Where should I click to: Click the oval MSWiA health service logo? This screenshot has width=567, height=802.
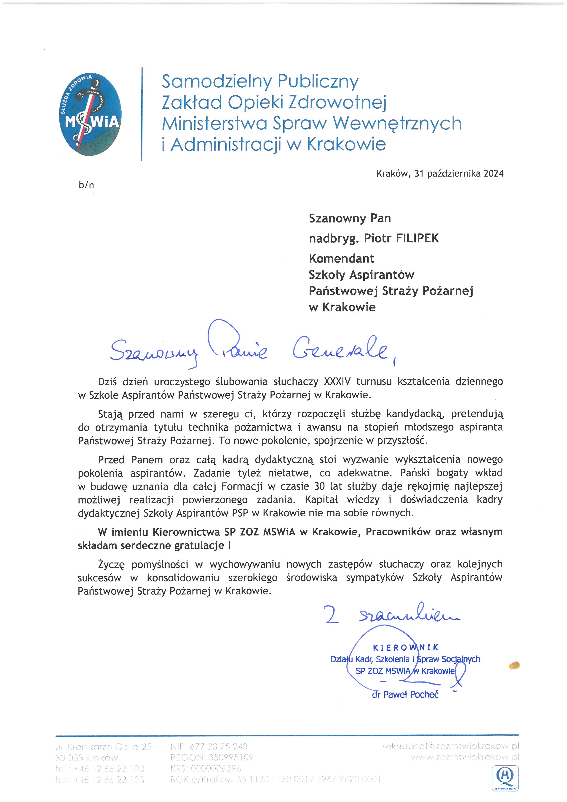(91, 114)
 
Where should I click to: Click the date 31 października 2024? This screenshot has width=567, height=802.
(459, 174)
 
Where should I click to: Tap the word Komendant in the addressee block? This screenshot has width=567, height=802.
(341, 258)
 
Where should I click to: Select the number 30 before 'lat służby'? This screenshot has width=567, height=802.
(319, 486)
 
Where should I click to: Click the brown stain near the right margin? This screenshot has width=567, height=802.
(515, 665)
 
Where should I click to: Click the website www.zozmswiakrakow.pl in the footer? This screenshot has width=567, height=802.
(465, 757)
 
